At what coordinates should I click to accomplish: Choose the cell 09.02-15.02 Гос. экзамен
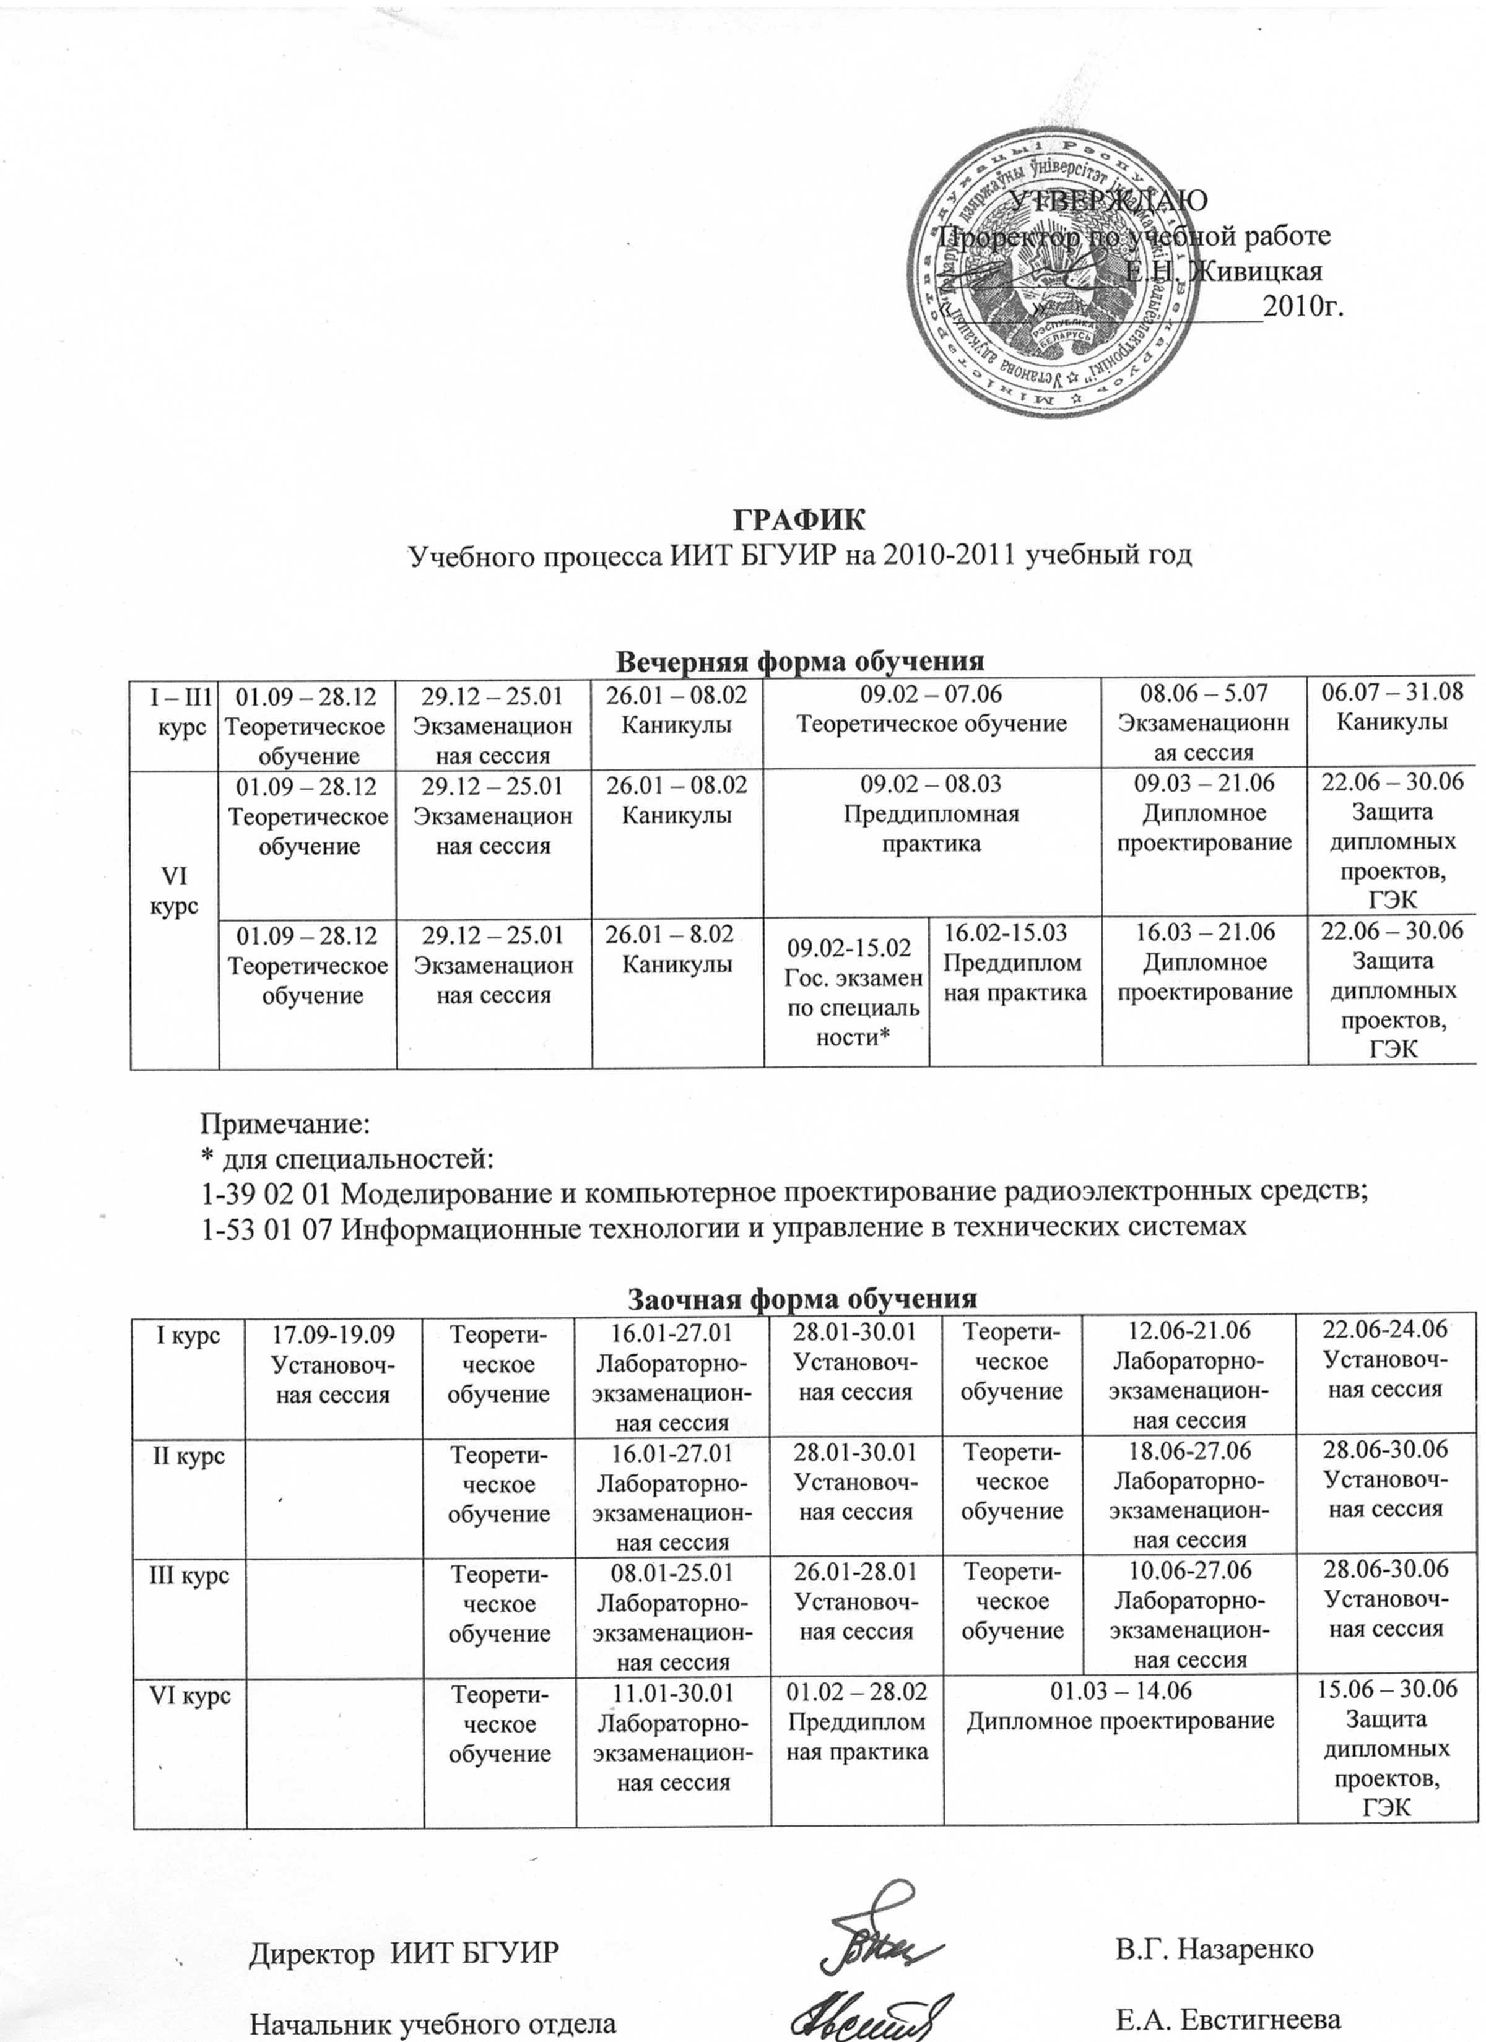[x=846, y=991]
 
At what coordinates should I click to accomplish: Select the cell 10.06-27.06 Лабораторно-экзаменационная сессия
[x=1189, y=1614]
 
